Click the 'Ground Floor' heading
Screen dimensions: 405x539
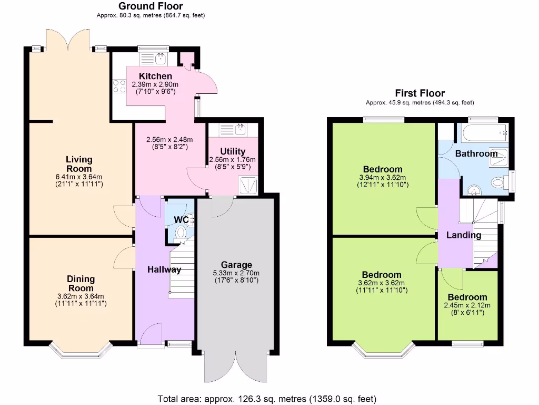(151, 6)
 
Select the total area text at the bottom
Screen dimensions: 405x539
(267, 399)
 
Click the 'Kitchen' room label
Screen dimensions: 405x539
(155, 76)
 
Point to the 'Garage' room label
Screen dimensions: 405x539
(236, 265)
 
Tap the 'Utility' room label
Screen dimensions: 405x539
(233, 152)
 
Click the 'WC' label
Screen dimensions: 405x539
(181, 219)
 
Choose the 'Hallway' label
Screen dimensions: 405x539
(164, 269)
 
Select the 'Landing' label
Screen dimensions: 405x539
(464, 235)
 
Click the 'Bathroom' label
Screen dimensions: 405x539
(476, 153)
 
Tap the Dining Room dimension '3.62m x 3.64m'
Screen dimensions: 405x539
(81, 296)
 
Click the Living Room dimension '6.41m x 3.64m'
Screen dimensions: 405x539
(79, 177)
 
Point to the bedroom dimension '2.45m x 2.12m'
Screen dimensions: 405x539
(467, 305)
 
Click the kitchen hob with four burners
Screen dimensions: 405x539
(119, 86)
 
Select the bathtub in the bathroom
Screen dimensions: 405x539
(484, 132)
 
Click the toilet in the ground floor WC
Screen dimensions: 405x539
(182, 233)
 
